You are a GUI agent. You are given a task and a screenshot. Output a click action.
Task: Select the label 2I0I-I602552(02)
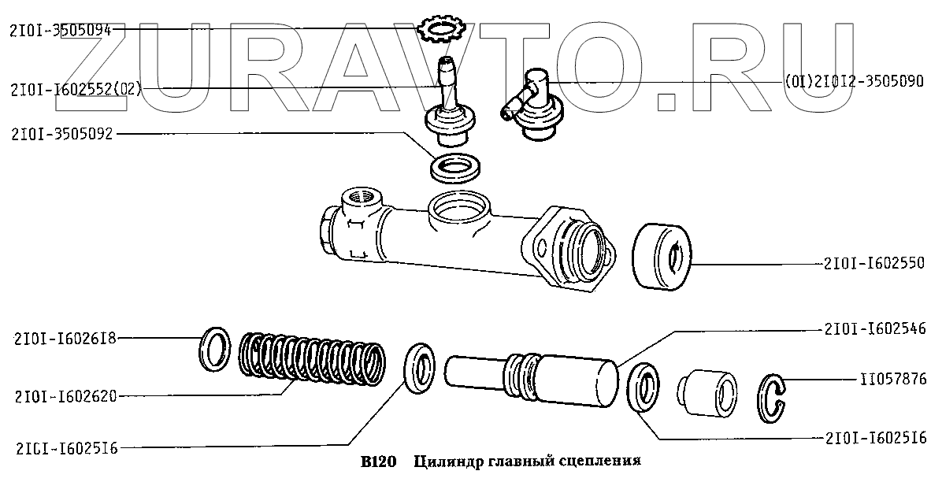[76, 90]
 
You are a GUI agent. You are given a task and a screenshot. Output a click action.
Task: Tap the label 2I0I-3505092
[61, 135]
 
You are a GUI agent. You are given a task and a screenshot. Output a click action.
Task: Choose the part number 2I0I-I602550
[874, 263]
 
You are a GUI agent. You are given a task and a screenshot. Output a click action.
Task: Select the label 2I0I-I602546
[874, 329]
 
